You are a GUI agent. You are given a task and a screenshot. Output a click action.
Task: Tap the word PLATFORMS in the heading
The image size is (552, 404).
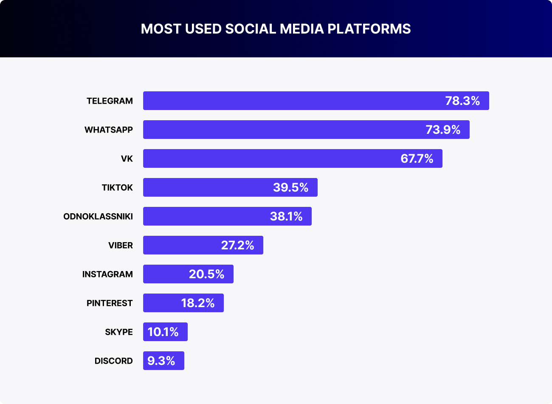[369, 29]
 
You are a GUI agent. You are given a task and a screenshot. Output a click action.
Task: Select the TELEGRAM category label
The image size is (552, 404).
[110, 101]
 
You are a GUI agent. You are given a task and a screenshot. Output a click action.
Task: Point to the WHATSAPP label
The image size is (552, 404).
[109, 130]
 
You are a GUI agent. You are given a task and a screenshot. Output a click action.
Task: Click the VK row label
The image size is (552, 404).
[127, 159]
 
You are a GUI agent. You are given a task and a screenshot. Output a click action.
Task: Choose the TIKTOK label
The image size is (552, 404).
[117, 188]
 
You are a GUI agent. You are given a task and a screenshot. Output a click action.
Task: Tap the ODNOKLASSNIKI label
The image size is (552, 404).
[98, 217]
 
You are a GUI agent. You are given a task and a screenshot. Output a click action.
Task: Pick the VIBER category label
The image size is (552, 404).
[121, 246]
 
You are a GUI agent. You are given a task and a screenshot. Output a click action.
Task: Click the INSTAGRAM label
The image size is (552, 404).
[107, 274]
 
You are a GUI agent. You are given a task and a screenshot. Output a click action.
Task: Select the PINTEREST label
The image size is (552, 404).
[110, 303]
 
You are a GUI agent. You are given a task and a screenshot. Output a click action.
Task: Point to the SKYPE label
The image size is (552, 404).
[119, 332]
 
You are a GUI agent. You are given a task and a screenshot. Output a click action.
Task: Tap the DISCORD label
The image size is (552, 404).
[113, 361]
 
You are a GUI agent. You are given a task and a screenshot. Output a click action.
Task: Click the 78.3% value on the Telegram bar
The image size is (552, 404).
[462, 101]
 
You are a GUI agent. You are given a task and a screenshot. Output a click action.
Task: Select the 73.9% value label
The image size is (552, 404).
[443, 130]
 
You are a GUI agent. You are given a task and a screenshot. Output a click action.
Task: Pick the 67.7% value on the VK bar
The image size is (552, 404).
[417, 159]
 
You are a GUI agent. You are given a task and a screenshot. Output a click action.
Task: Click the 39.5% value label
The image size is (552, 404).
[290, 188]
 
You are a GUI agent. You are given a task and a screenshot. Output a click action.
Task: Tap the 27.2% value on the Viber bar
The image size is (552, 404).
[237, 246]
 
